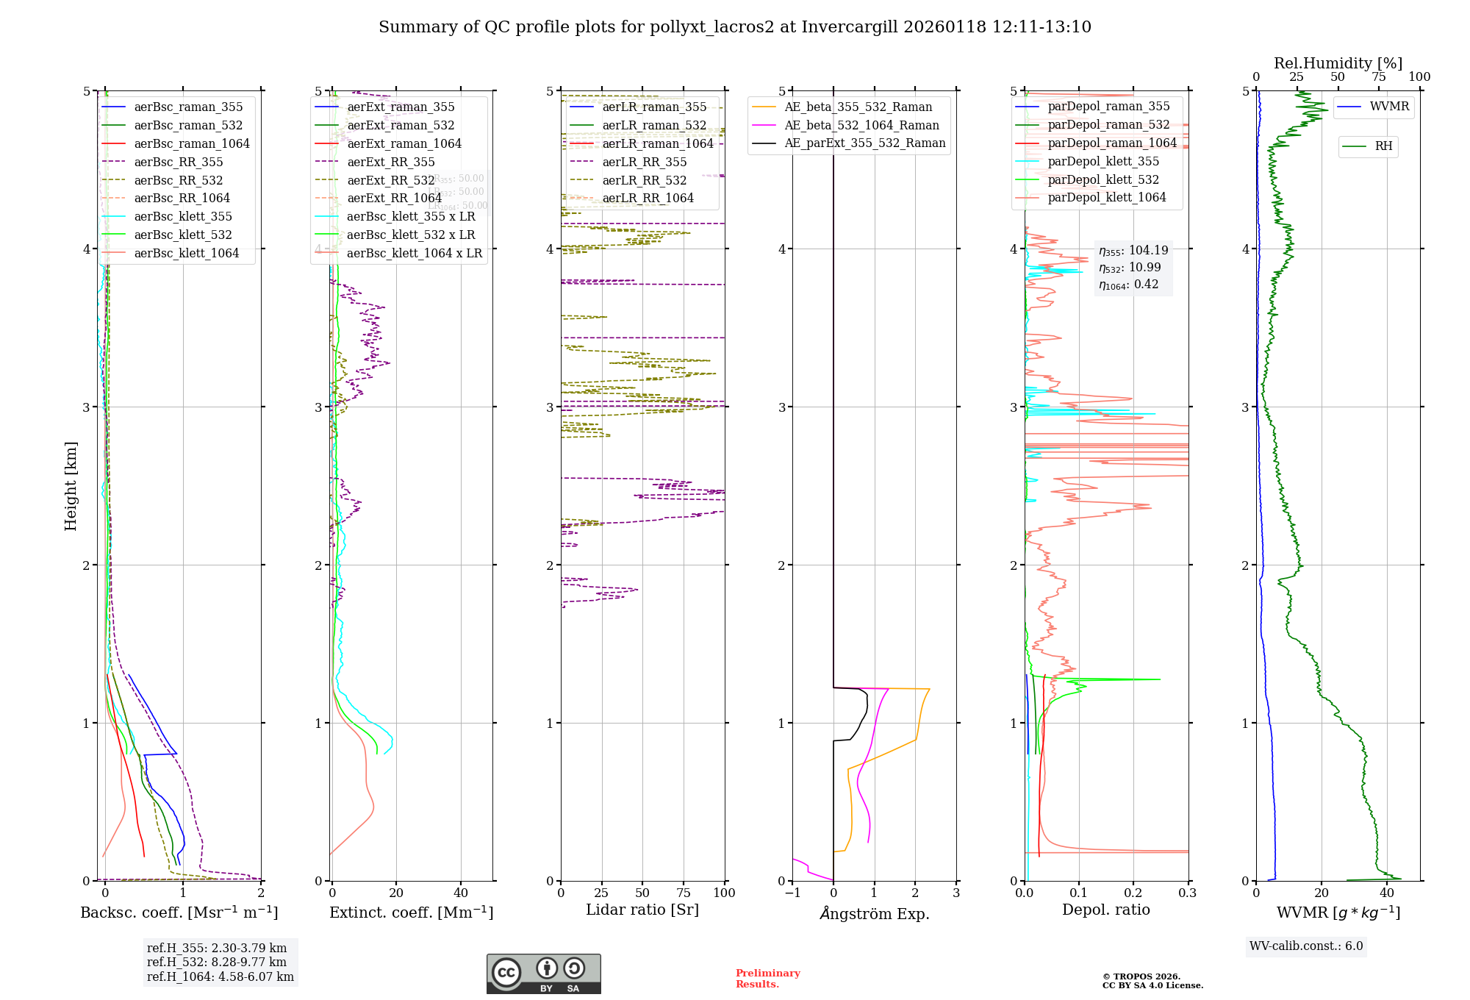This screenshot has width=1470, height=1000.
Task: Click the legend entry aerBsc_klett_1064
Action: [x=186, y=253]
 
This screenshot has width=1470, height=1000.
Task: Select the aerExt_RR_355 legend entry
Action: [x=390, y=162]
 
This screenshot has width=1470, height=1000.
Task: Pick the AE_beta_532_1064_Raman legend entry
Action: [x=861, y=125]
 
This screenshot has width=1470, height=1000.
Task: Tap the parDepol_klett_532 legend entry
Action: [x=1102, y=179]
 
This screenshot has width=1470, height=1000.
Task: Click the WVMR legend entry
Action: [x=1389, y=107]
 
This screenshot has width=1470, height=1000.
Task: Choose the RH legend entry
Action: [x=1383, y=146]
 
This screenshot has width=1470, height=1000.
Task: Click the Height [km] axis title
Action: [x=71, y=486]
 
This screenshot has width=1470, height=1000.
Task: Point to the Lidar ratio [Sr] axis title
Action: [x=642, y=910]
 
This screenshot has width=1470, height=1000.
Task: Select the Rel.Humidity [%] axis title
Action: [x=1338, y=63]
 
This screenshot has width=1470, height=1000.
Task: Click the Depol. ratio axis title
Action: [x=1105, y=910]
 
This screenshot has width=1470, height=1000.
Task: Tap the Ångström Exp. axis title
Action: [x=875, y=913]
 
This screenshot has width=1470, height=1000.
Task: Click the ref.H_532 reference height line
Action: [x=216, y=962]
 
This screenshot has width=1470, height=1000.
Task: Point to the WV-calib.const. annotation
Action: [x=1306, y=946]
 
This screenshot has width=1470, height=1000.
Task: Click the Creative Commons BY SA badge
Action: [x=543, y=974]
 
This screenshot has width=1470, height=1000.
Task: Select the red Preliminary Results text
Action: [x=767, y=978]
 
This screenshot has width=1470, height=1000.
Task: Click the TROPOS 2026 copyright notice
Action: [x=1152, y=981]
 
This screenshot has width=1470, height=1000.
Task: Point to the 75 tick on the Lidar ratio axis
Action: [x=684, y=893]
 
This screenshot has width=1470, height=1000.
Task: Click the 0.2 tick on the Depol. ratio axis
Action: [x=1133, y=893]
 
